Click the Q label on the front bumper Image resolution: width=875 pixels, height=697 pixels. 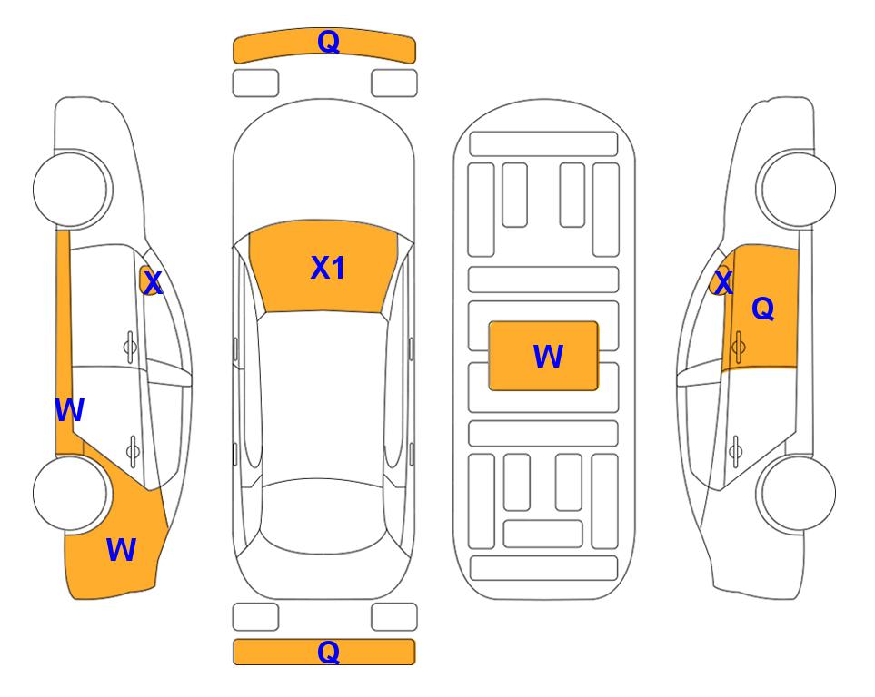click(x=328, y=41)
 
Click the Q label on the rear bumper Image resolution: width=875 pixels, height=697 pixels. click(x=328, y=652)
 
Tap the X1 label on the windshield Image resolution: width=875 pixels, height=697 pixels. click(x=328, y=267)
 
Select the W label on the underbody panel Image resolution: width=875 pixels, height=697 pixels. click(x=548, y=356)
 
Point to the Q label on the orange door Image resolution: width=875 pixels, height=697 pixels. click(x=763, y=308)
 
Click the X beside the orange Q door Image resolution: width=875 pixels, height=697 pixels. click(x=723, y=282)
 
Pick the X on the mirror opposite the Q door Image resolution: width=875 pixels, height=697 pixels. click(x=152, y=282)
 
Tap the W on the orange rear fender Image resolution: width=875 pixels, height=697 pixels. click(x=121, y=550)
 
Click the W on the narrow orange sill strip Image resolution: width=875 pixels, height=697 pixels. click(x=69, y=410)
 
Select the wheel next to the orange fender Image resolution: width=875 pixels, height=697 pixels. click(x=70, y=493)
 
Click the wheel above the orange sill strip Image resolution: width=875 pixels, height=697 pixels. click(x=70, y=189)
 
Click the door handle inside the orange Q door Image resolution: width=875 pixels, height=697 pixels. click(x=739, y=347)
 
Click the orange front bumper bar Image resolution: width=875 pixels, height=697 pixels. click(x=324, y=45)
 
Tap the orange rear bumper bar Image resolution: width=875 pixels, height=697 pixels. click(x=324, y=652)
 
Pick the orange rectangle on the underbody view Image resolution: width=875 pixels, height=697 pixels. click(x=543, y=356)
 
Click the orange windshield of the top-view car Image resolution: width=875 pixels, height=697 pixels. click(x=323, y=267)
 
